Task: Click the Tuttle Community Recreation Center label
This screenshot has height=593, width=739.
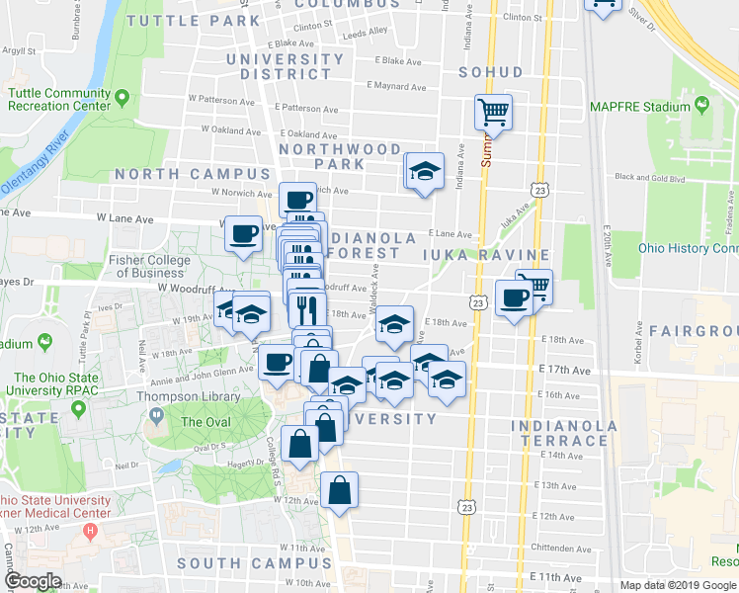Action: pyautogui.click(x=58, y=100)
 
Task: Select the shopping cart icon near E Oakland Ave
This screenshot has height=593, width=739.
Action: pyautogui.click(x=493, y=112)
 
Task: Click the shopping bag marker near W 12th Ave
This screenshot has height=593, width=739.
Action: pyautogui.click(x=339, y=490)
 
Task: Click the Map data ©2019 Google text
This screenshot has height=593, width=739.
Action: pyautogui.click(x=677, y=585)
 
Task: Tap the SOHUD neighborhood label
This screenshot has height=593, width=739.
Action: pyautogui.click(x=491, y=72)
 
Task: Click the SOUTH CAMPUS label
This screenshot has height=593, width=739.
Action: pyautogui.click(x=241, y=563)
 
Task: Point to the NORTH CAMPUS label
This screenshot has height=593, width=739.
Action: pyautogui.click(x=178, y=174)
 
